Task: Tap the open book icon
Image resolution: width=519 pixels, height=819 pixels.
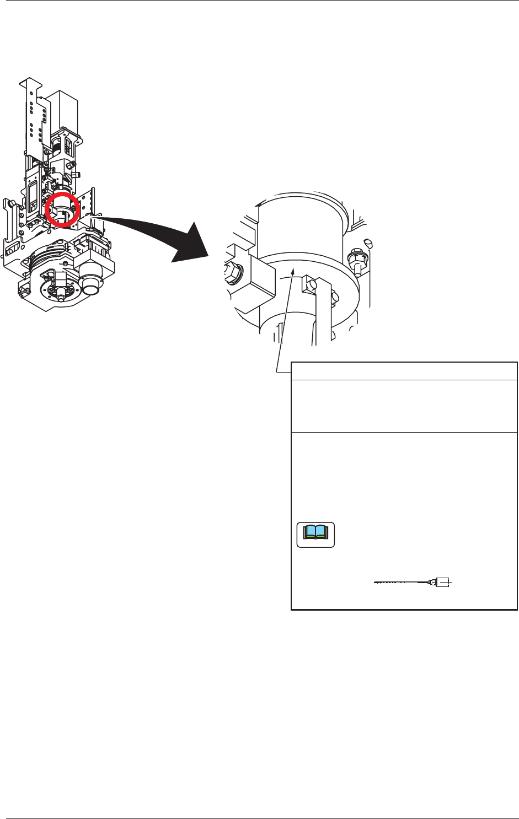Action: tap(315, 535)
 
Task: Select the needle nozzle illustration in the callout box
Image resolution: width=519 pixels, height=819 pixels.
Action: tap(414, 582)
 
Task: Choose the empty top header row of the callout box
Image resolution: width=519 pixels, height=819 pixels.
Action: tap(404, 371)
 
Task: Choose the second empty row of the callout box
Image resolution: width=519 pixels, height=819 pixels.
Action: tap(404, 406)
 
